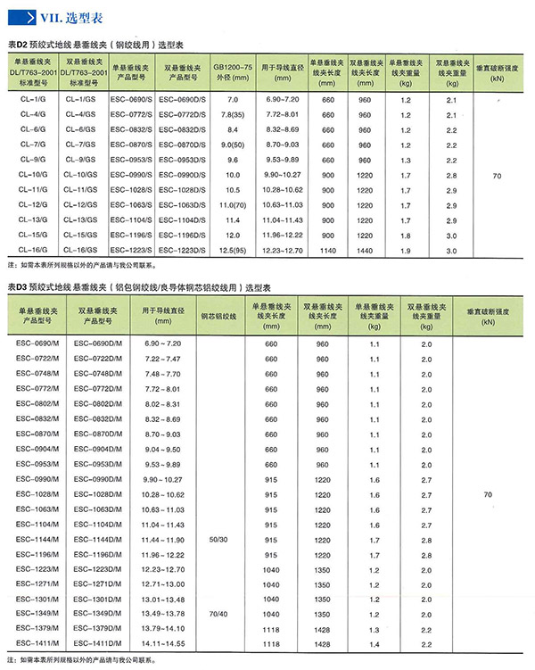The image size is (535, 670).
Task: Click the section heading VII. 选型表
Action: [59, 16]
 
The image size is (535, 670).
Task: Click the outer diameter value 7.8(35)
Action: [233, 115]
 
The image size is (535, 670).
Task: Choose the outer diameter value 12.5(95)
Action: [233, 250]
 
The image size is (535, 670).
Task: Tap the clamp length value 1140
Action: [327, 250]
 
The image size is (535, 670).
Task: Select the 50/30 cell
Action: [218, 540]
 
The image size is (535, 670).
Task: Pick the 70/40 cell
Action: [218, 615]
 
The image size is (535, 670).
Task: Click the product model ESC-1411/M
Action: [44, 644]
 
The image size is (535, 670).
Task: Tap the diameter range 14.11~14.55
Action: [161, 644]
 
